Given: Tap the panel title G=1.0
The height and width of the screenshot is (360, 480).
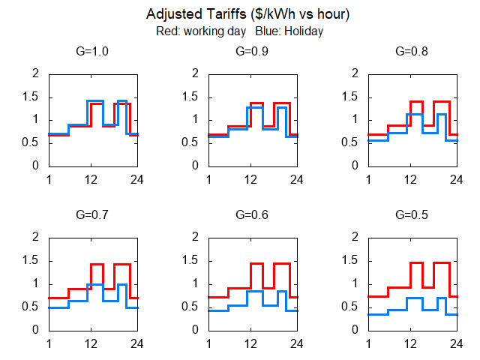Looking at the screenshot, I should point(94,52).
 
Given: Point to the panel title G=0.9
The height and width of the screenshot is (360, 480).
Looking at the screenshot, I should point(252,52).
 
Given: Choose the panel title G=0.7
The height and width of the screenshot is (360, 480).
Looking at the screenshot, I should point(94,215).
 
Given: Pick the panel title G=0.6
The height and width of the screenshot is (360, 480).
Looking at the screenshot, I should point(252,215).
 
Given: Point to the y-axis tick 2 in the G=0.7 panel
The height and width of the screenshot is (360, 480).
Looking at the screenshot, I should point(35,237).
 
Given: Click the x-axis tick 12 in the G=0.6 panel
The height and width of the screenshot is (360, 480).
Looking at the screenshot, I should point(250,343).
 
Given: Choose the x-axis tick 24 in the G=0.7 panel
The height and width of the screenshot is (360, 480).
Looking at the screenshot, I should point(138,343).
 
